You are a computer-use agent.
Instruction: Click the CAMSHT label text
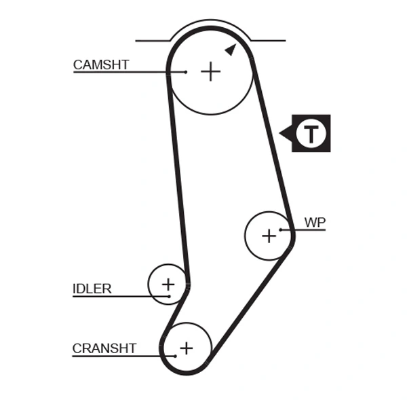coord(101,65)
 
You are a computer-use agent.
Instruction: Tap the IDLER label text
coord(92,289)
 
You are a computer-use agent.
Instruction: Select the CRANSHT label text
coord(104,348)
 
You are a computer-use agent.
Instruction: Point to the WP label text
coord(315,222)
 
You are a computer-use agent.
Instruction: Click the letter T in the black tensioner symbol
coord(311,133)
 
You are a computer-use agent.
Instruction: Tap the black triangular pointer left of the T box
coord(285,133)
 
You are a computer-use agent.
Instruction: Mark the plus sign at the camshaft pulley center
coord(211,71)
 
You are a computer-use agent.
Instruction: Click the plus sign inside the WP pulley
coord(269,236)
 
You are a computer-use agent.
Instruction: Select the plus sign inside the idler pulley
coord(168,284)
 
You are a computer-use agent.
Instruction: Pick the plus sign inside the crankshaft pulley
coord(186,348)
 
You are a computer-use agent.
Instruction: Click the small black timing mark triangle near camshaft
coord(231,49)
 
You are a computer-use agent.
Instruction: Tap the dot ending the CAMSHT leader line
coord(185,72)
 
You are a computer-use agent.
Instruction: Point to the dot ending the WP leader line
coord(280,230)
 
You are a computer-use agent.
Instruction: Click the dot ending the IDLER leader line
coord(168,296)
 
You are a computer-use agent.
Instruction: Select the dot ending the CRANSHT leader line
coord(175,355)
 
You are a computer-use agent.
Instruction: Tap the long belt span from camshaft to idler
coord(178,183)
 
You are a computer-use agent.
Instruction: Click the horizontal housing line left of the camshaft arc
coord(153,41)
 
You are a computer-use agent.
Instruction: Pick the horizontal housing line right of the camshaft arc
coord(268,41)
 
